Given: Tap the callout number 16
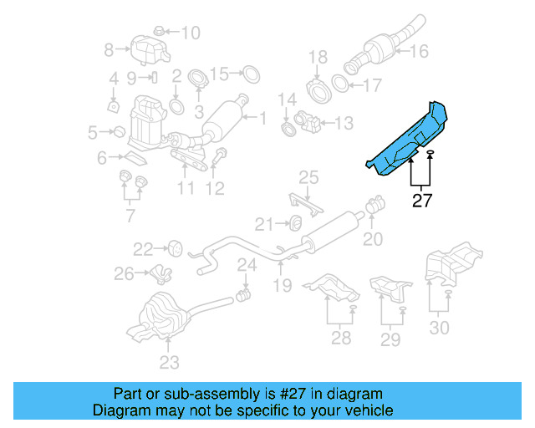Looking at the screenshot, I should [x=418, y=51].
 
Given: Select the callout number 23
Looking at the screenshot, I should [x=169, y=363].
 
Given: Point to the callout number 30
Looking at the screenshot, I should [x=439, y=329].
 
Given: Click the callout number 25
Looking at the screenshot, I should [x=309, y=177].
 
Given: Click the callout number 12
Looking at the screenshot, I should [x=215, y=189].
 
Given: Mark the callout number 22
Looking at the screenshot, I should [x=144, y=248].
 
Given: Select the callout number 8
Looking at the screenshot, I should [x=109, y=51].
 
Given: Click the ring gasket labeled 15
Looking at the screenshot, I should [x=248, y=74].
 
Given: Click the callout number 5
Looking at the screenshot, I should [x=92, y=131].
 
